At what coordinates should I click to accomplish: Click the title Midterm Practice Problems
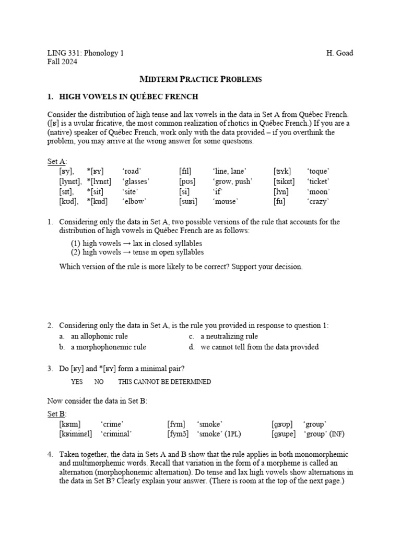click(x=200, y=79)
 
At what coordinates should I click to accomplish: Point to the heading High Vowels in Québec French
click(x=128, y=97)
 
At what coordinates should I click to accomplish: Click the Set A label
click(x=57, y=162)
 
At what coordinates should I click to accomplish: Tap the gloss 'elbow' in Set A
click(x=134, y=201)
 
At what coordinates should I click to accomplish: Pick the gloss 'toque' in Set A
click(x=319, y=171)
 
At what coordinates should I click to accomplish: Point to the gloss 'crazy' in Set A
click(x=318, y=201)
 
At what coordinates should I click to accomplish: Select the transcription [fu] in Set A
click(x=279, y=201)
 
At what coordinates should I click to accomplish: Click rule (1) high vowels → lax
click(x=136, y=244)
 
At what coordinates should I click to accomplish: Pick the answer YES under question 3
click(x=77, y=382)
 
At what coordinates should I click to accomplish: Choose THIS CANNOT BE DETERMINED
click(x=164, y=382)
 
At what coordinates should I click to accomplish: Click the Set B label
click(x=57, y=414)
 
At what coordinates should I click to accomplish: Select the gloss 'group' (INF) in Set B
click(x=324, y=433)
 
